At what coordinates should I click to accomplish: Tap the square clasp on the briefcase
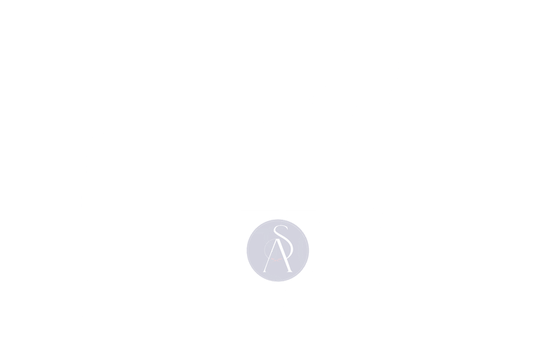coord(217,229)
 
